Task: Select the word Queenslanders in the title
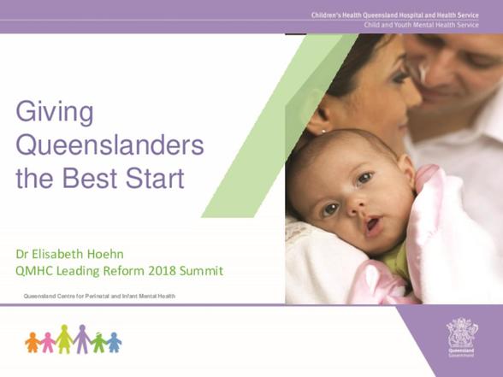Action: click(x=109, y=145)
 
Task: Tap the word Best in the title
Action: click(x=91, y=178)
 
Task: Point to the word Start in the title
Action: click(x=155, y=178)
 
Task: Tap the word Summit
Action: click(x=201, y=271)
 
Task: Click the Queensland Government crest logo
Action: click(x=462, y=337)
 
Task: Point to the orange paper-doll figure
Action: click(x=33, y=342)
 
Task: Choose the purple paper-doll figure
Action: click(x=82, y=339)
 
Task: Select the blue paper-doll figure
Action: click(x=114, y=342)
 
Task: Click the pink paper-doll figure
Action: click(x=48, y=342)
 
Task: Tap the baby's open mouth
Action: click(x=373, y=224)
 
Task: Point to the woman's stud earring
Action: click(x=323, y=131)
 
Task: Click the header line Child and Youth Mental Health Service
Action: click(x=421, y=25)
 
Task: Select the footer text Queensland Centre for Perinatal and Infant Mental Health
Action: click(x=99, y=296)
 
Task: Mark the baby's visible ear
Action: click(x=407, y=170)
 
